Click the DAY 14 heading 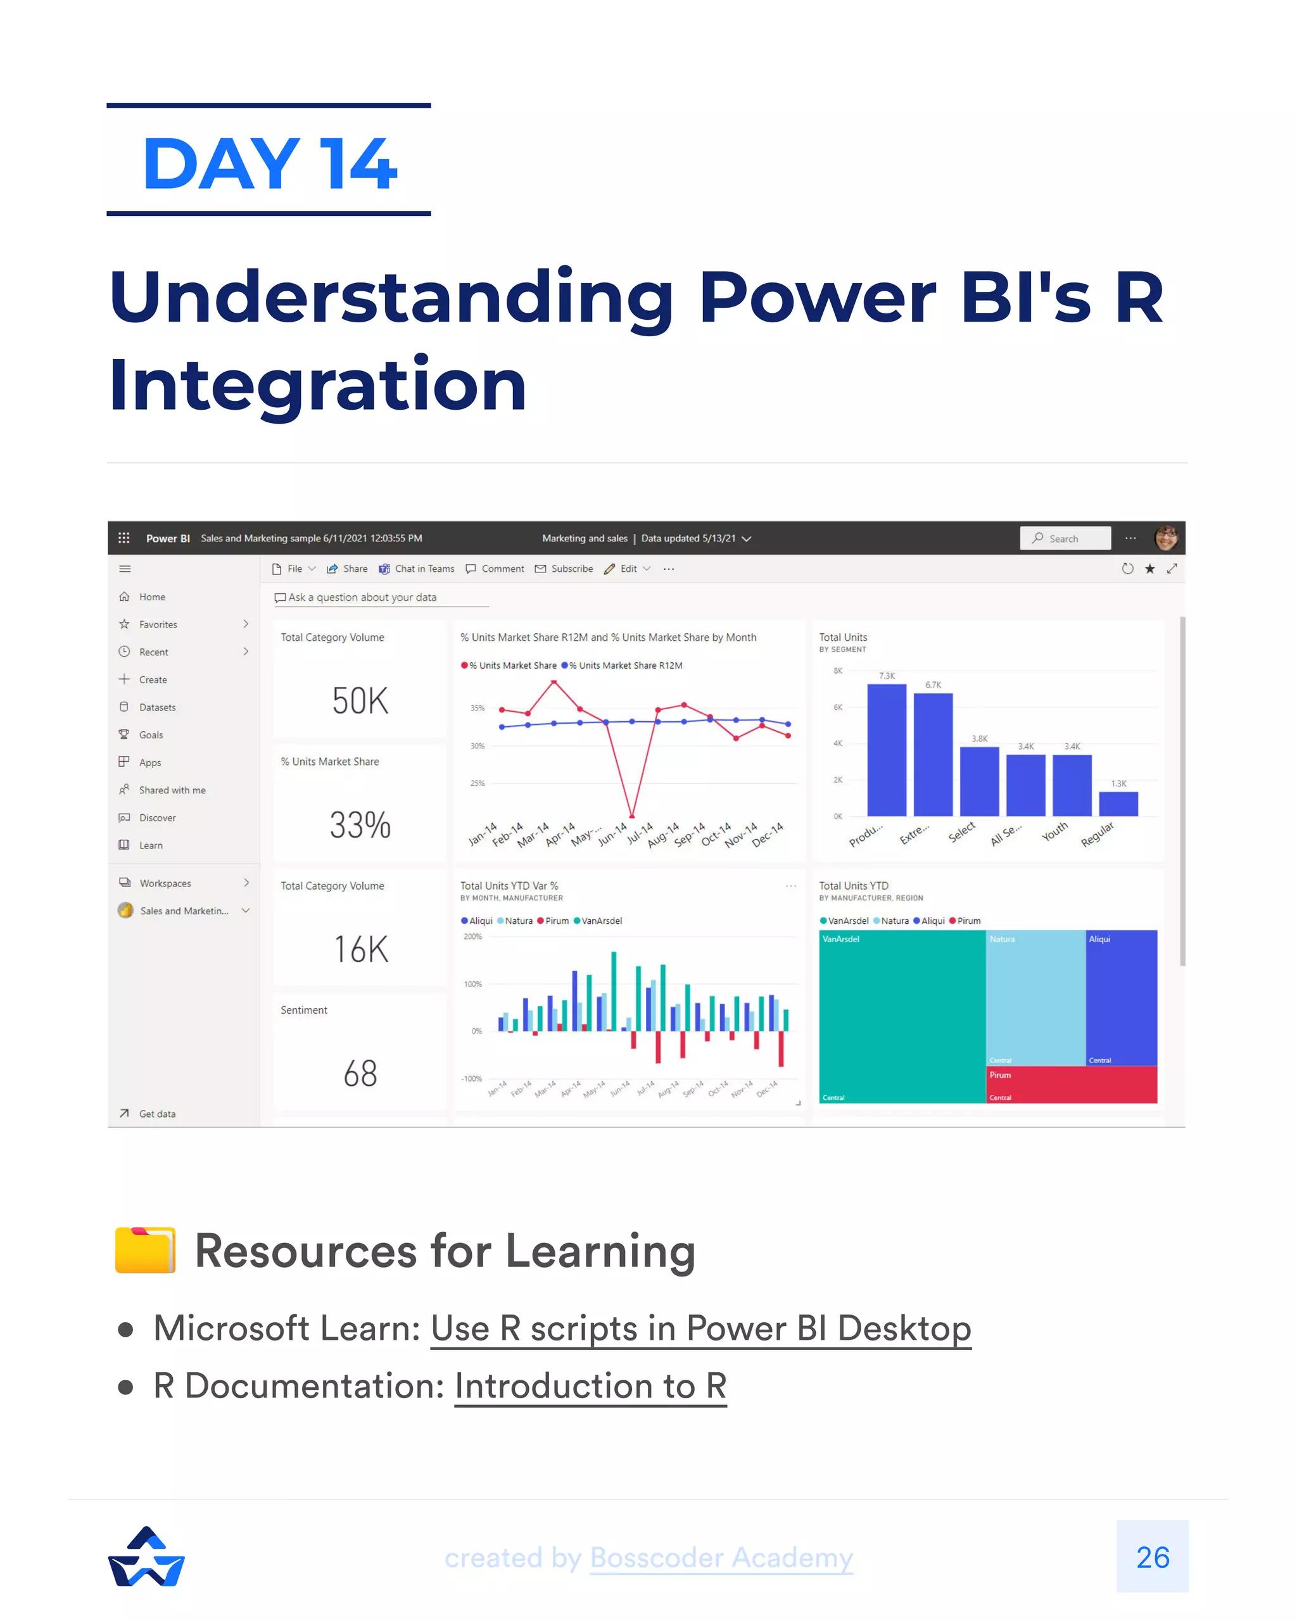tap(269, 163)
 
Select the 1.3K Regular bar tap(1118, 804)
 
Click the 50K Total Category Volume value tap(360, 701)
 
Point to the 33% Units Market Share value tap(360, 825)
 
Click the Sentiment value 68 tap(360, 1073)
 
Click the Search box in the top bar tap(1065, 538)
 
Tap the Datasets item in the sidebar tap(157, 707)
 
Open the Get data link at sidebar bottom tap(156, 1114)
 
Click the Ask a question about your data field tap(362, 598)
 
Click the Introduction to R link tap(590, 1385)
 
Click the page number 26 tap(1152, 1557)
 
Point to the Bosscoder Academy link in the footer tap(721, 1558)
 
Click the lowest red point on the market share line tap(632, 816)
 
